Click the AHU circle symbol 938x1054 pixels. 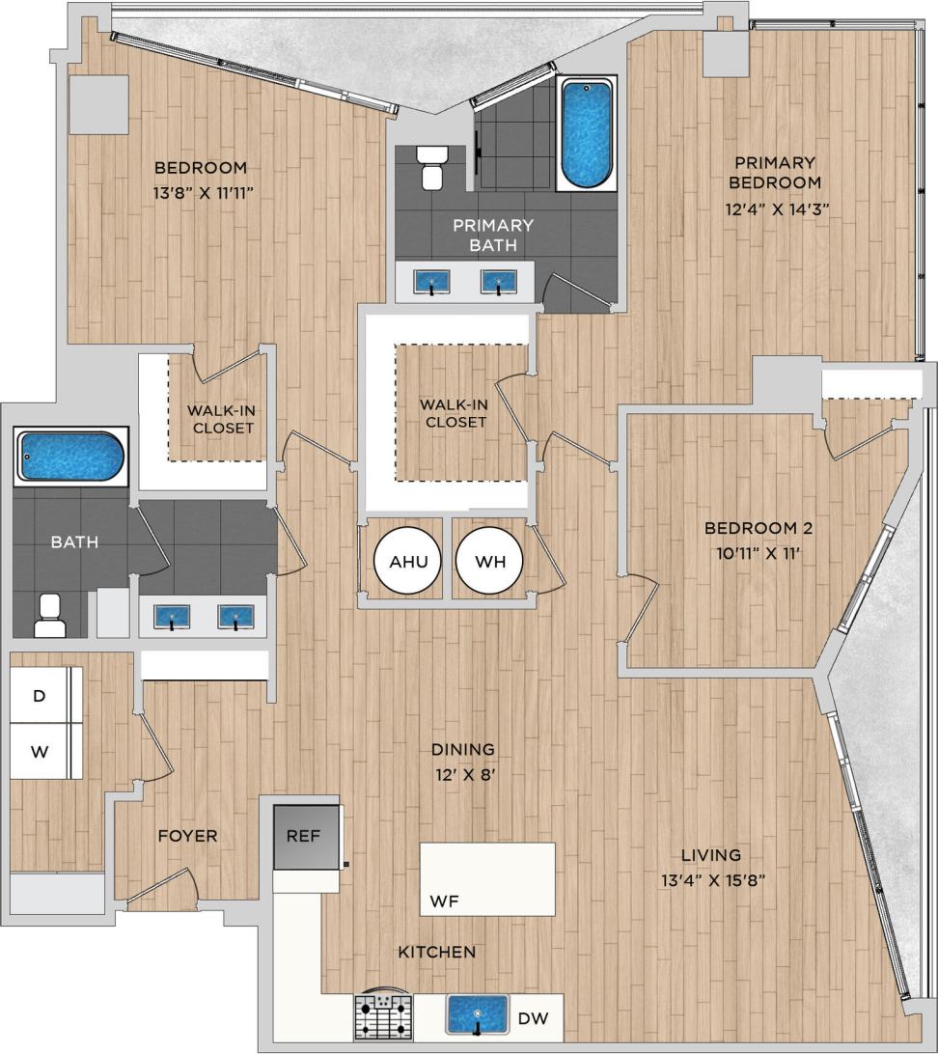click(401, 562)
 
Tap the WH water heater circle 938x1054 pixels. click(489, 562)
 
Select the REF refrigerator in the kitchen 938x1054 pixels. click(305, 836)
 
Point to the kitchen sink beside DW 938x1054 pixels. click(477, 1015)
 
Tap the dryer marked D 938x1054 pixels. click(41, 695)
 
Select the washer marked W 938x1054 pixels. click(41, 751)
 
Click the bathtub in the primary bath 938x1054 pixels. click(587, 133)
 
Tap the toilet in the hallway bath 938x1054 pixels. click(49, 616)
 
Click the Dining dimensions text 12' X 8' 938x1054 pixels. click(463, 773)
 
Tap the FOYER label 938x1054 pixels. click(187, 836)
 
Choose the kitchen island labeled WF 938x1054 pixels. click(487, 878)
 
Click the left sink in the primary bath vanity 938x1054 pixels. click(432, 282)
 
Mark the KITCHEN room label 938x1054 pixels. click(437, 952)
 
